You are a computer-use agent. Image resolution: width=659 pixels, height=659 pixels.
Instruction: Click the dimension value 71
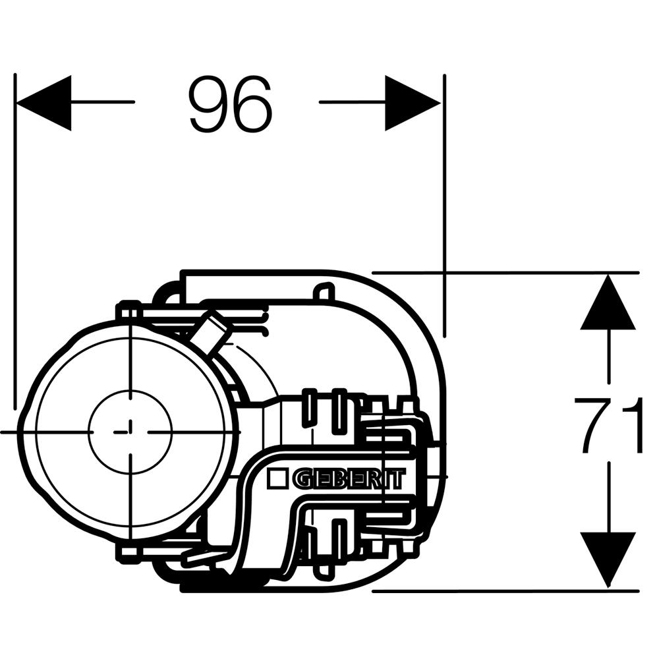tap(608, 426)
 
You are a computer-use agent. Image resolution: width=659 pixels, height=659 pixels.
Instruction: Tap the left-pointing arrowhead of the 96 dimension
tap(43, 103)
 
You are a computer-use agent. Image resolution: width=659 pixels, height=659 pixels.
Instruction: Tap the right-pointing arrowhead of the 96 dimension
tap(413, 103)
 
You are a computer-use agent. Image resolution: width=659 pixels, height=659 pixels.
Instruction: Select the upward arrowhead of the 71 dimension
tap(608, 302)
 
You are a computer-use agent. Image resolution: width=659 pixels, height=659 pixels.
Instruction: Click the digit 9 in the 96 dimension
tap(208, 104)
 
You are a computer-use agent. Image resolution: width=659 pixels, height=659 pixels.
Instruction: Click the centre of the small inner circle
tap(130, 432)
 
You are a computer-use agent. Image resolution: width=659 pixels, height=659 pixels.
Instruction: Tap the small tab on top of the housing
tap(324, 292)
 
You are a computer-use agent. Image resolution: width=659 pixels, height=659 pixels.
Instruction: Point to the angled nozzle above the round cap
tap(210, 331)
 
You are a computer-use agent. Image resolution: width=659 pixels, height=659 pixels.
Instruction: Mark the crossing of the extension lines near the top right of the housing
tap(444, 273)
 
